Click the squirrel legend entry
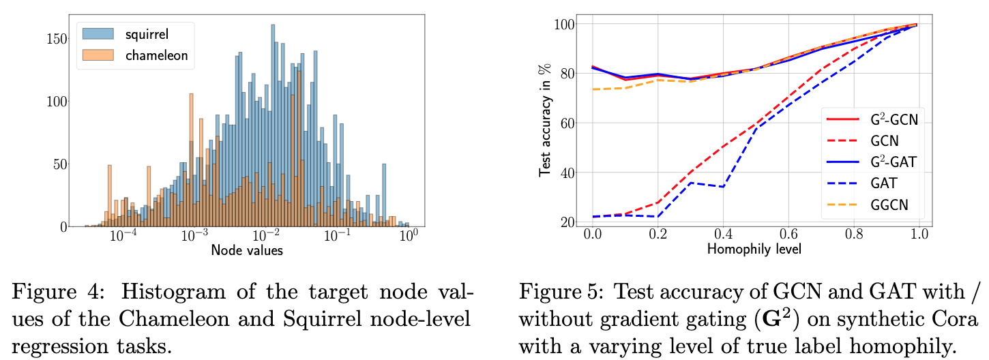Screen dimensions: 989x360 (x=126, y=34)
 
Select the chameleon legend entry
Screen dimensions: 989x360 (x=135, y=55)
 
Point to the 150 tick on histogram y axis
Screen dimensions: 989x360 (x=57, y=39)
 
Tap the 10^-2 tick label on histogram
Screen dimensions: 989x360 (x=266, y=235)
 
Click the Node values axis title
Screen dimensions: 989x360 (x=247, y=250)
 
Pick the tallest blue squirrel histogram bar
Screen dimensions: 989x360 (x=273, y=125)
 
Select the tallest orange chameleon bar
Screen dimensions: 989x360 (x=299, y=149)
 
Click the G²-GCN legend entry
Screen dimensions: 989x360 (x=872, y=119)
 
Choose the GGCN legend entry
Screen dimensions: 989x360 (x=868, y=205)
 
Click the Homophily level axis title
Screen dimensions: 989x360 (x=754, y=250)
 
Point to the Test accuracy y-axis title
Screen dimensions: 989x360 (x=546, y=120)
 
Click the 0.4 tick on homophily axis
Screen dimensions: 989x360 (x=723, y=234)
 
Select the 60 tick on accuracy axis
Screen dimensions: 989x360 (x=567, y=123)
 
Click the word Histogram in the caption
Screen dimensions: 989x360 (x=173, y=292)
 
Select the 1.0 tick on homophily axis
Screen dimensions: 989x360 (x=919, y=234)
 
